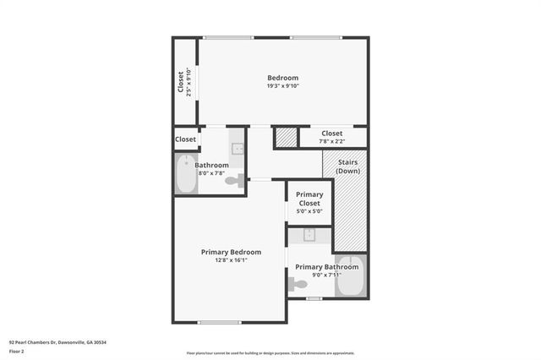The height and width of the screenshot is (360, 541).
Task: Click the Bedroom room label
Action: [x=282, y=78]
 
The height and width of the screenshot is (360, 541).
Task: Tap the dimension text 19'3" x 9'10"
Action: [x=282, y=85]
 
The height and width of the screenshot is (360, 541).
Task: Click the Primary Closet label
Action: [x=309, y=199]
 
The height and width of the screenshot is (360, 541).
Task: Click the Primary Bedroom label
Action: [x=231, y=252]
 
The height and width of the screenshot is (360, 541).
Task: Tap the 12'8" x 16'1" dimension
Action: [x=231, y=260]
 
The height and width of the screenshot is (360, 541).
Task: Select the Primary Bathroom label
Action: [x=326, y=267]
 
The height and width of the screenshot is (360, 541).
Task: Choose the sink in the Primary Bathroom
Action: [x=309, y=236]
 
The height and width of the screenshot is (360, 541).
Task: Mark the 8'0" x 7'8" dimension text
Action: [x=211, y=172]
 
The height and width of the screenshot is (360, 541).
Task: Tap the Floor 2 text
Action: [x=18, y=351]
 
